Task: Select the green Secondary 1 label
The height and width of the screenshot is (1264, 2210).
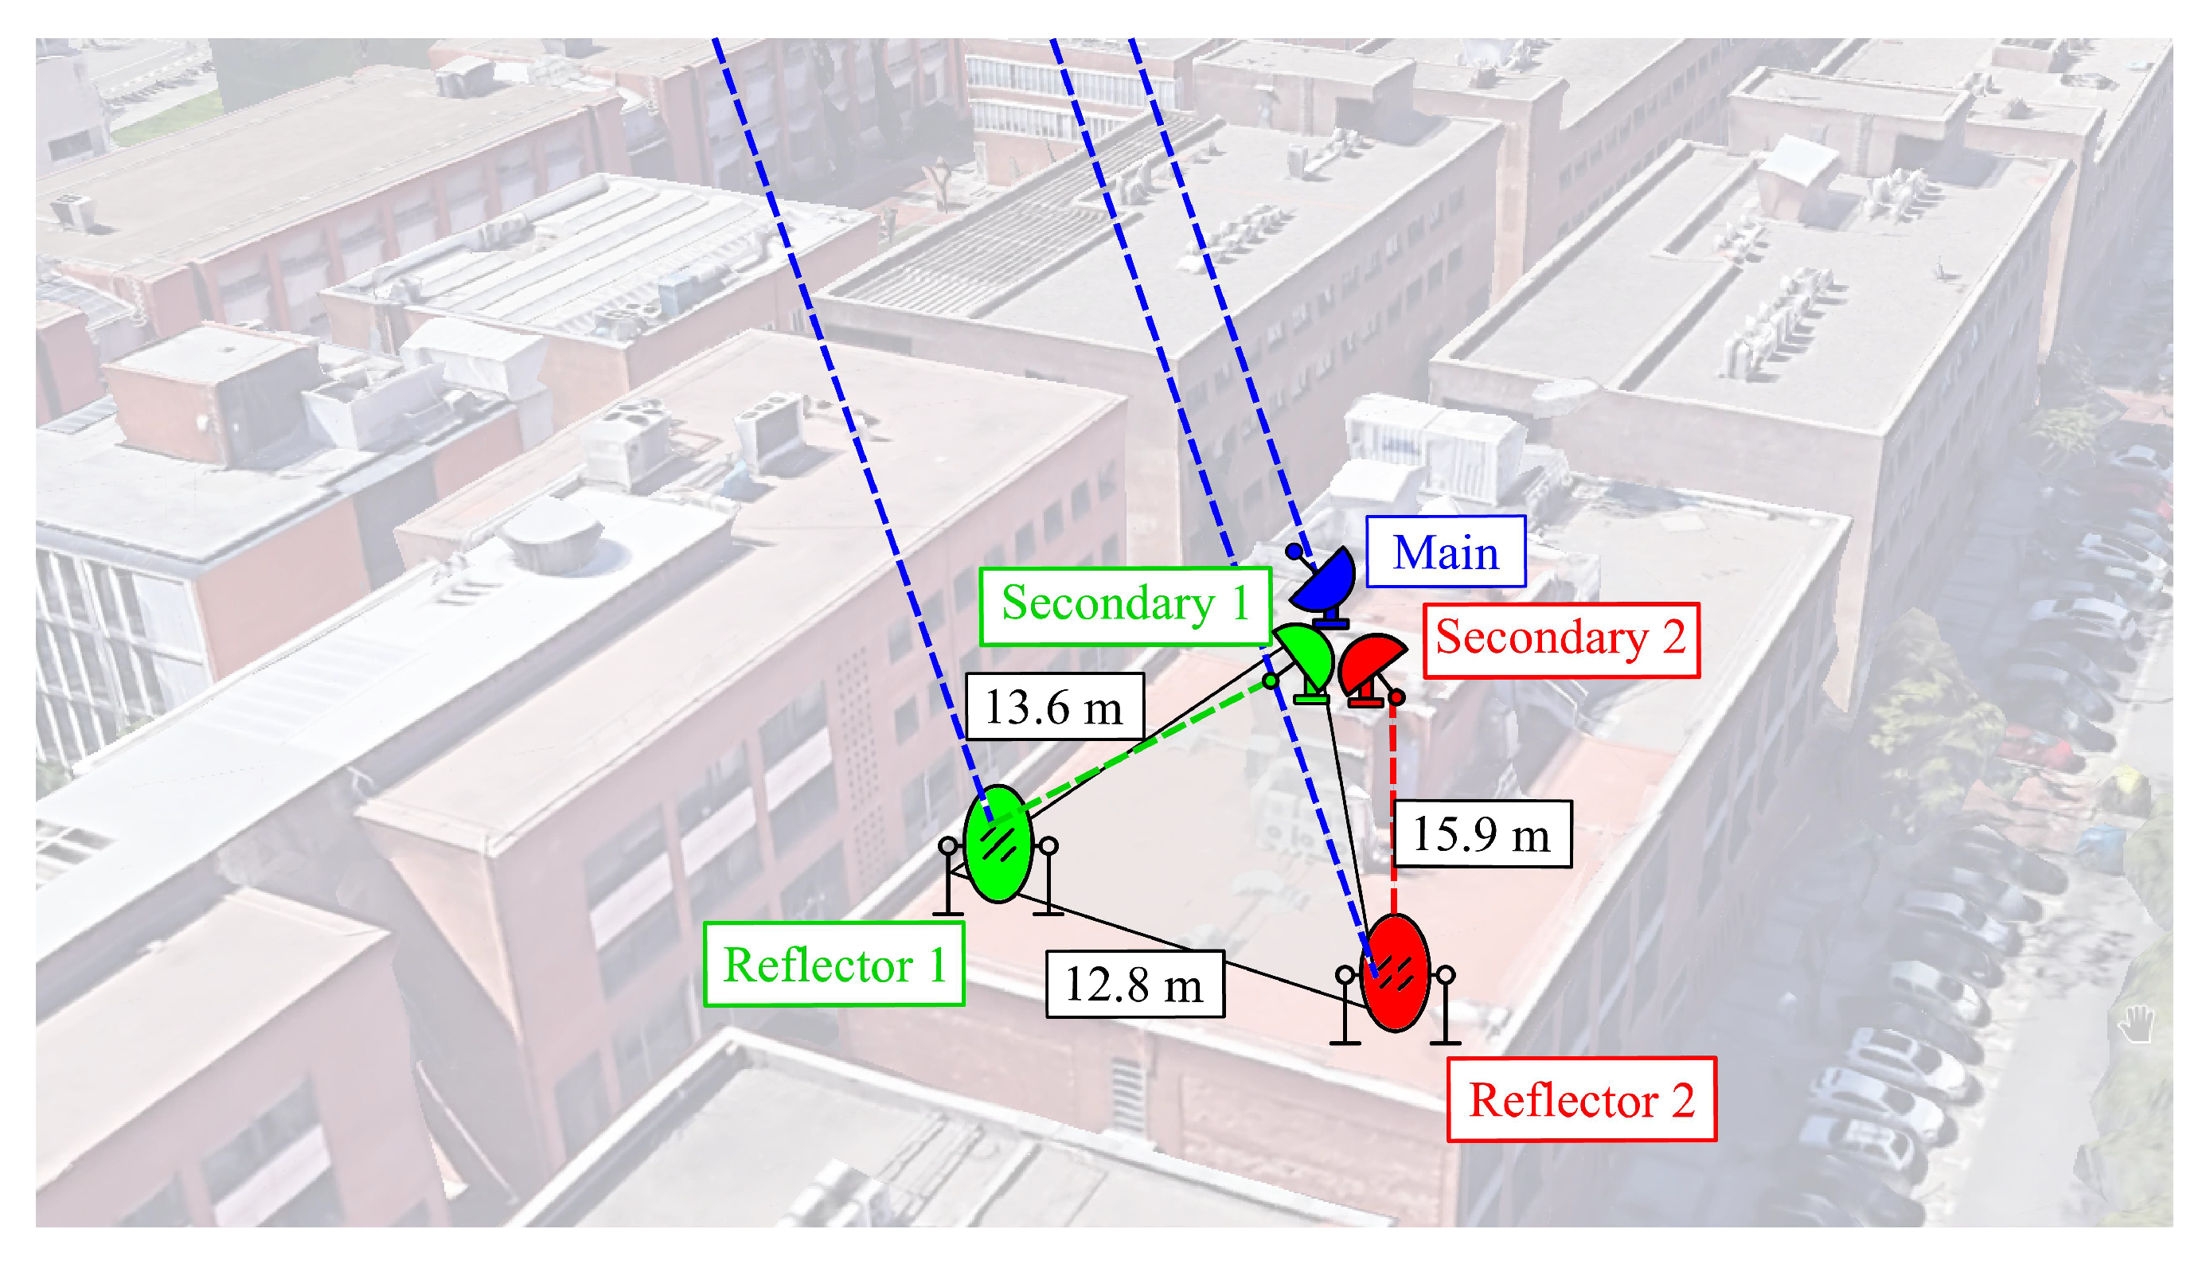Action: pos(1125,605)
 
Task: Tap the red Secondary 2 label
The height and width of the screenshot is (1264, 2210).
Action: pos(1560,640)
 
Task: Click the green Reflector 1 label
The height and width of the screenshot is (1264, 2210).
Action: pos(834,965)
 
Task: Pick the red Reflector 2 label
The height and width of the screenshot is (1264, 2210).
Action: pos(1581,1100)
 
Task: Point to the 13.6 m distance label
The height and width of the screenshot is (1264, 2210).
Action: pos(1054,707)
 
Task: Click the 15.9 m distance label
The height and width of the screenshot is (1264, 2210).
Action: pos(1481,834)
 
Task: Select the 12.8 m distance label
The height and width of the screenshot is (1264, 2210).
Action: pos(1134,985)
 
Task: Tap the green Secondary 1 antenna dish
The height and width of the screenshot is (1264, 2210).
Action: pos(1308,655)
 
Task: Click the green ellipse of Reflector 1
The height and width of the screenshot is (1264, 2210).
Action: pos(998,844)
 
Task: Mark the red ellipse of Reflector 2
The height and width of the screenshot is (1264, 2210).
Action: pos(1395,973)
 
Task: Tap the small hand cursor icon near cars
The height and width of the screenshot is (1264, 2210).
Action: pos(2135,1024)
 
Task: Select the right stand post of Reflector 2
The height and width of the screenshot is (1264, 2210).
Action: pos(1445,1007)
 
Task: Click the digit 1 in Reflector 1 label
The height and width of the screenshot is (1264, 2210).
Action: pos(936,965)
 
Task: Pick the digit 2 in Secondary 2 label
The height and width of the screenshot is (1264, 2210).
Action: pos(1673,640)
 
